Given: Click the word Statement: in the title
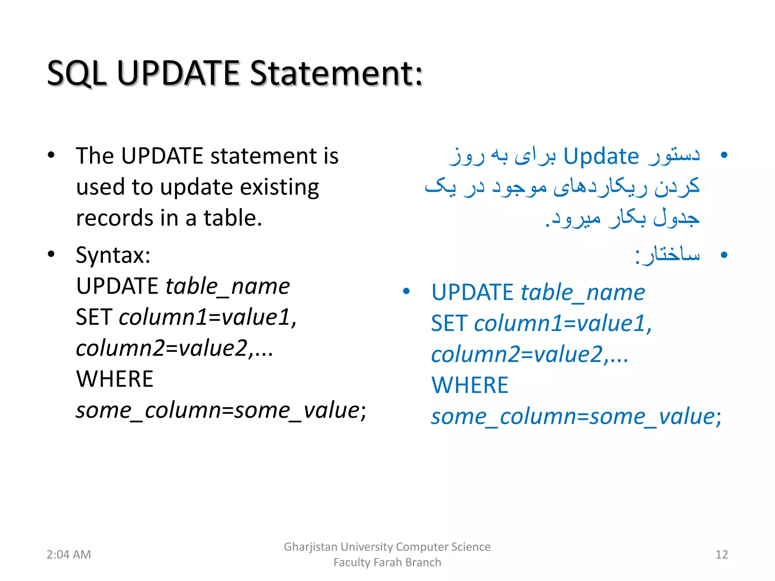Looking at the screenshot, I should click(336, 73).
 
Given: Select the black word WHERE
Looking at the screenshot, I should click(115, 379).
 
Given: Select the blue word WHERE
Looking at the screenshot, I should click(470, 385).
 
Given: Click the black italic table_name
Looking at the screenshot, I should click(228, 286).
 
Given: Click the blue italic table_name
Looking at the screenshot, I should click(583, 293).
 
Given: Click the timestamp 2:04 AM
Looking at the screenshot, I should click(68, 555).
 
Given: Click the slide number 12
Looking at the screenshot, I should click(722, 555).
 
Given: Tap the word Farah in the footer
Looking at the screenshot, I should click(387, 562).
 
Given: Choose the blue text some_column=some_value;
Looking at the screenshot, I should click(576, 417).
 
